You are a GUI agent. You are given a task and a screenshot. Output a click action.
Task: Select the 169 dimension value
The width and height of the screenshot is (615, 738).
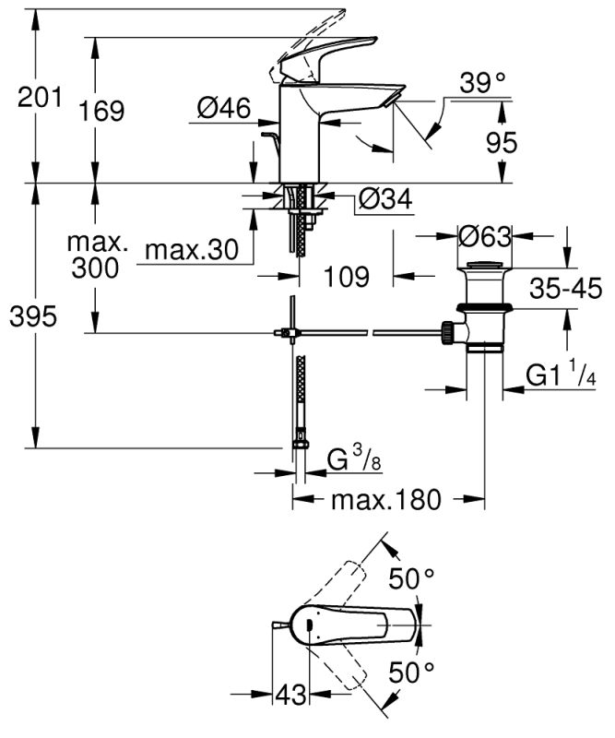click(x=101, y=111)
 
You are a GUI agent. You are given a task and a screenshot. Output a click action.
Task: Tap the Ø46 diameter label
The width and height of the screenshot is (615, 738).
click(x=223, y=109)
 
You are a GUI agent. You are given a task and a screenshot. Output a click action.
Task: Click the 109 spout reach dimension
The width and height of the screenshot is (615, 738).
click(x=348, y=275)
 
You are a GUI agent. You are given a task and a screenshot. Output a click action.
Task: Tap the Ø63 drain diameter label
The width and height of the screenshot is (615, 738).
click(x=484, y=236)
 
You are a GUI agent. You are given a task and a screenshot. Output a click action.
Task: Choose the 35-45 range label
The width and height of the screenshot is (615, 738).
click(x=565, y=289)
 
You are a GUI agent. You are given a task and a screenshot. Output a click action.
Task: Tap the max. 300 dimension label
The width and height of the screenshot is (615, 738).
click(x=98, y=256)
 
